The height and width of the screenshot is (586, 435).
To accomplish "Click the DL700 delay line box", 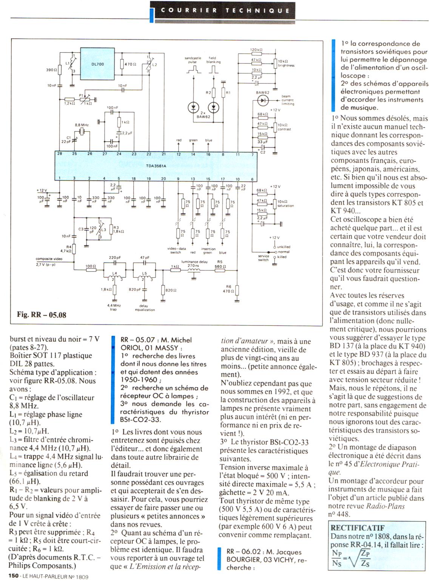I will pos(97,64).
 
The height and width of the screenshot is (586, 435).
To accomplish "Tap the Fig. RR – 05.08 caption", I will pos(42,315).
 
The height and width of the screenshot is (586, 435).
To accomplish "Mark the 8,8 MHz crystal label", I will pos(82,125).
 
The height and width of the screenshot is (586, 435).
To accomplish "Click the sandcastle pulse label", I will pos(193,60).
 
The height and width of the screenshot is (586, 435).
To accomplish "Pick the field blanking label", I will pos(213,60).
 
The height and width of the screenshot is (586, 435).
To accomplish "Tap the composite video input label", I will pos(49,259).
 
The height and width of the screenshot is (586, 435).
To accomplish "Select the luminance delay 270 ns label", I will pos(194,264).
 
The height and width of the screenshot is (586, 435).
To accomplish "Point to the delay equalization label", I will pos(145,308).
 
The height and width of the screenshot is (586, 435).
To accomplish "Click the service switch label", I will pos(263,258).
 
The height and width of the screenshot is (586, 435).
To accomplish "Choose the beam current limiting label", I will pos(287,100).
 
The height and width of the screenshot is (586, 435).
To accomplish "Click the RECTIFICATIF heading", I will pos(357,528).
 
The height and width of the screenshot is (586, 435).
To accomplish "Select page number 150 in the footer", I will pos(14,576).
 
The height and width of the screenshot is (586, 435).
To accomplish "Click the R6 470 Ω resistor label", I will pos(228,289).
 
